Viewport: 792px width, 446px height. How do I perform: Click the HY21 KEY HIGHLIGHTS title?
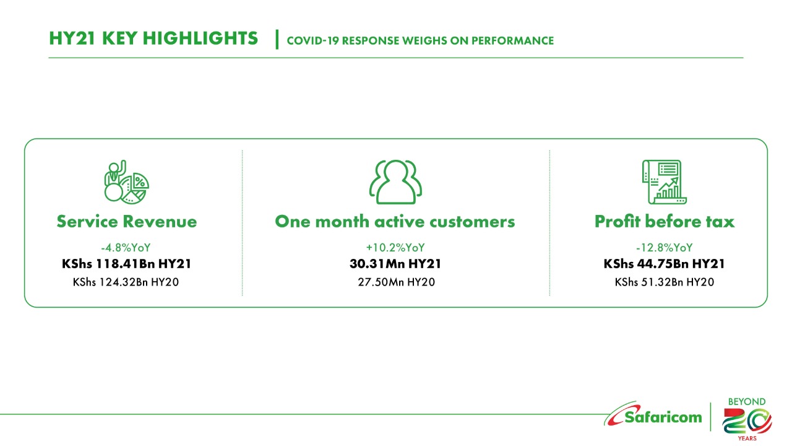click(153, 38)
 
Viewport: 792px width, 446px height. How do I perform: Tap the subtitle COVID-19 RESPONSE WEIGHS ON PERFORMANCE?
click(420, 41)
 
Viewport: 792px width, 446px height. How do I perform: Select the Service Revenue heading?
click(127, 222)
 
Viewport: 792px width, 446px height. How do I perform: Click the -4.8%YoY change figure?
click(126, 247)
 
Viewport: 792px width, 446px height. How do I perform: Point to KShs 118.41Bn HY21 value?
click(127, 264)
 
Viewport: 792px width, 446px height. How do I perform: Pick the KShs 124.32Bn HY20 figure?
click(126, 282)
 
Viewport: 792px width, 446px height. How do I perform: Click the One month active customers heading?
click(395, 222)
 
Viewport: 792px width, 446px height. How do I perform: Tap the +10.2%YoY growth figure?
click(395, 247)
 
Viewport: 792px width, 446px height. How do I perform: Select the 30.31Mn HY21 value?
click(395, 264)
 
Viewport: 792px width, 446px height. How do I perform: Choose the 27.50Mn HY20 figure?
click(396, 282)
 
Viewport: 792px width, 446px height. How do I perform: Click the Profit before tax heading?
click(665, 222)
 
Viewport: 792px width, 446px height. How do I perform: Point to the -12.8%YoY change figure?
click(665, 247)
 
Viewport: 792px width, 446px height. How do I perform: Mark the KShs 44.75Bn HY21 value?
click(665, 264)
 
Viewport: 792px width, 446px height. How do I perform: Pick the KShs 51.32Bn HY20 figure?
click(665, 282)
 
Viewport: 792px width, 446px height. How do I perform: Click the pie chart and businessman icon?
click(126, 182)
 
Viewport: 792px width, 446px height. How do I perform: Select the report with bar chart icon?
click(665, 182)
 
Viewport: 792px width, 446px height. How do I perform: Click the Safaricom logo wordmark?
click(653, 415)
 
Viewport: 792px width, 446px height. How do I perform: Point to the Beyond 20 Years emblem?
click(747, 419)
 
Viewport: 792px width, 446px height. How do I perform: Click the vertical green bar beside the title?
click(277, 39)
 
